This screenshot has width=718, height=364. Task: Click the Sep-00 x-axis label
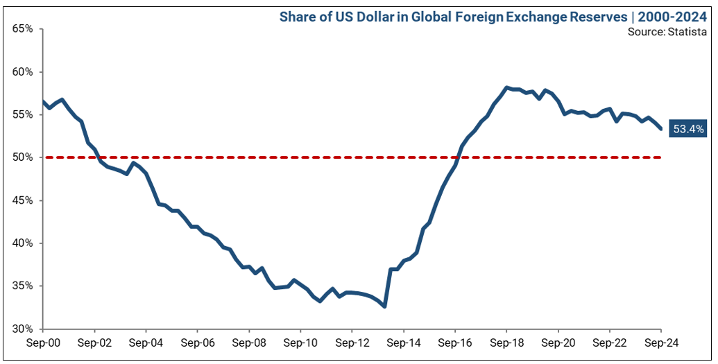(43, 343)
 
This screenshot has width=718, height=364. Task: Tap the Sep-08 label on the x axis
(249, 343)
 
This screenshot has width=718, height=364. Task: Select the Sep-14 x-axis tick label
(403, 343)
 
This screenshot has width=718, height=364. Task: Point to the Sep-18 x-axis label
(506, 343)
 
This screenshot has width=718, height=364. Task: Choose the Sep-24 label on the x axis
(660, 343)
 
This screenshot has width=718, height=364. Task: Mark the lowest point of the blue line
(384, 306)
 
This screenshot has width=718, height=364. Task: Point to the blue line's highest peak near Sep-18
(507, 87)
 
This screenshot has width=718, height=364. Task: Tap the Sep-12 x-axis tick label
(352, 343)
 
